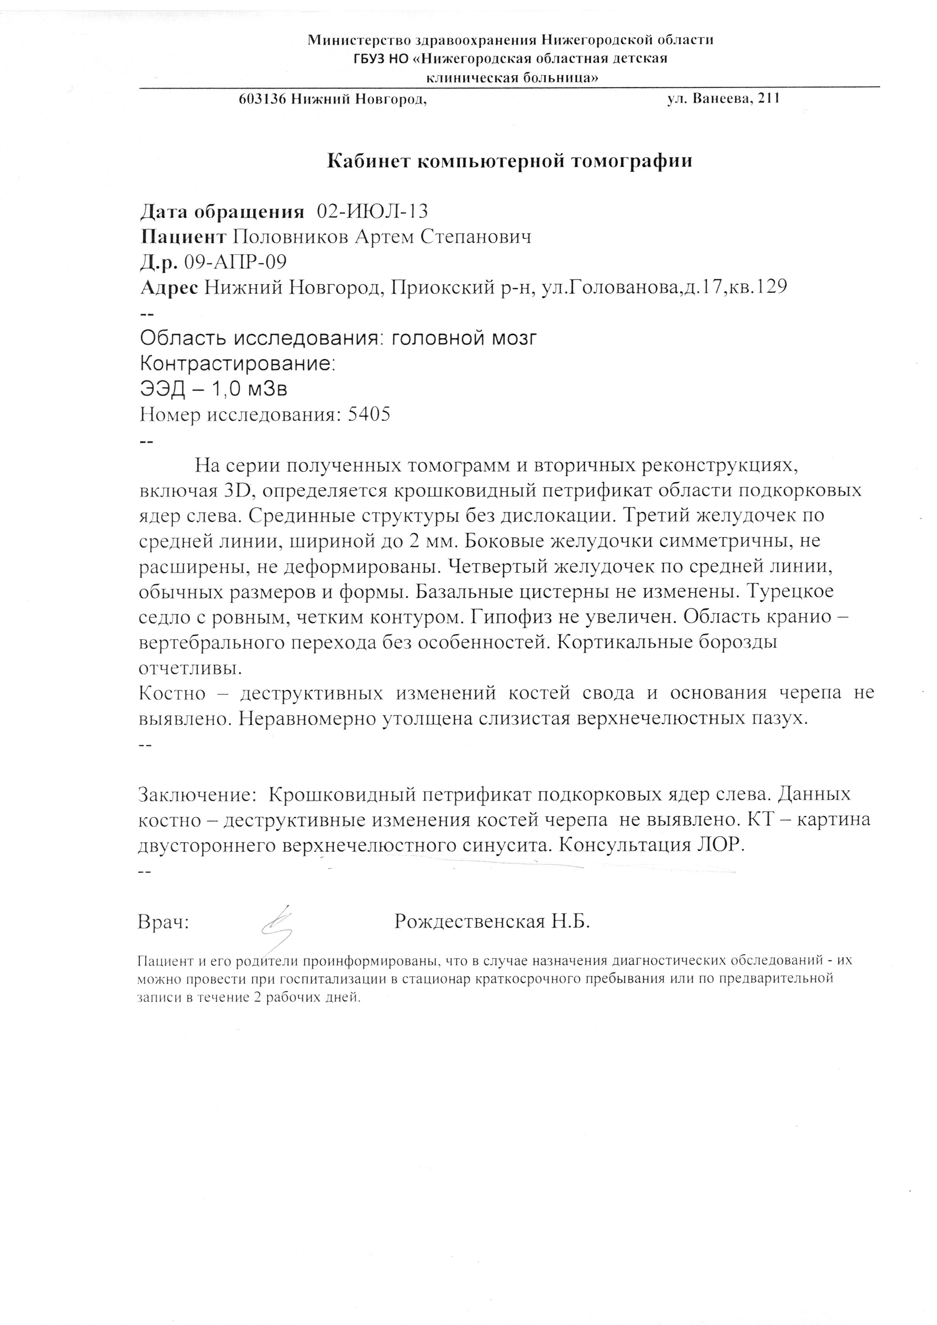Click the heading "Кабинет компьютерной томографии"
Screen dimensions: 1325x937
pos(510,161)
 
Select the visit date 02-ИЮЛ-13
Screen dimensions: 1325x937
pos(373,212)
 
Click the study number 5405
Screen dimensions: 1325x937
pos(369,414)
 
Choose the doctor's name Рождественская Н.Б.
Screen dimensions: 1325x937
pos(492,921)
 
